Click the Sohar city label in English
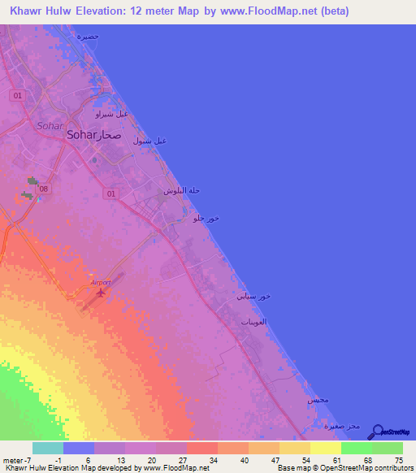82,137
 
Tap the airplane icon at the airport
101,292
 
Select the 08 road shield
44,189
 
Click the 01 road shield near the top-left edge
17,95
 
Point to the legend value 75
397,461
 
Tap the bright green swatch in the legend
356,448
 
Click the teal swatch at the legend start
48,448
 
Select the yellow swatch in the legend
325,448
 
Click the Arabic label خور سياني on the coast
253,297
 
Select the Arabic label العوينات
255,323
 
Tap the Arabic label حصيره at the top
87,37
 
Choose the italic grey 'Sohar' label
49,124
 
